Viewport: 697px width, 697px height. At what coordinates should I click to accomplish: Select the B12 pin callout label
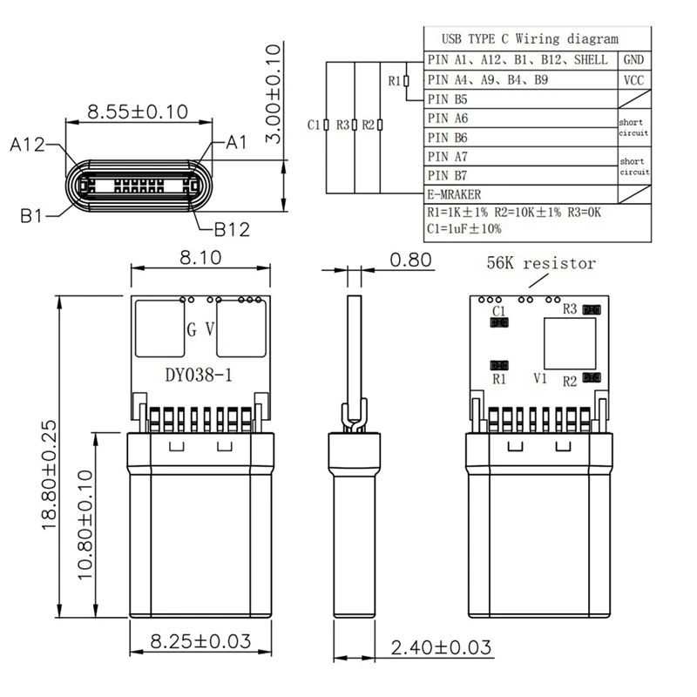click(232, 229)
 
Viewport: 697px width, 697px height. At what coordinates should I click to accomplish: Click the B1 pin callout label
click(31, 215)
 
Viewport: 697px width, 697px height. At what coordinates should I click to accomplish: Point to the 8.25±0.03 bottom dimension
click(200, 643)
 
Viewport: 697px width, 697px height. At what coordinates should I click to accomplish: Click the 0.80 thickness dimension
click(410, 259)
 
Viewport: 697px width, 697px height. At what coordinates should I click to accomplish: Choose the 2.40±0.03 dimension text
click(441, 647)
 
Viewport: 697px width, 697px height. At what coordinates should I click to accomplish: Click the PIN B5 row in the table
click(449, 99)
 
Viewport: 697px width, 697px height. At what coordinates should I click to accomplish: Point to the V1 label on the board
click(539, 379)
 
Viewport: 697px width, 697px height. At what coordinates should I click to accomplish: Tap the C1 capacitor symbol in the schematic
click(325, 125)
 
